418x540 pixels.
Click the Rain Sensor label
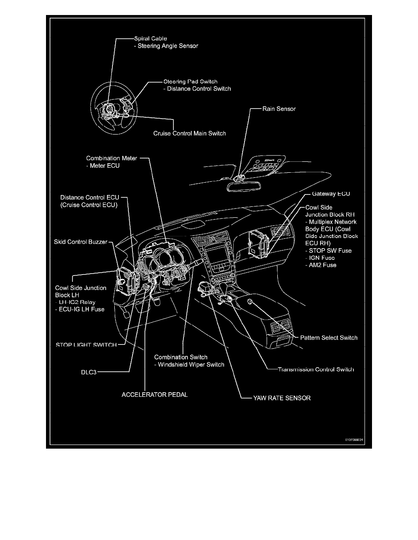(x=279, y=109)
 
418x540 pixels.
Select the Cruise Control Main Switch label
(x=189, y=134)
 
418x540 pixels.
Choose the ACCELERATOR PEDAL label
(x=154, y=395)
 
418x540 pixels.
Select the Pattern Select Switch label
(x=329, y=338)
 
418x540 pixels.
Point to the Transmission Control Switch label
(x=316, y=369)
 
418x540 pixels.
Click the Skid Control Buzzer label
(x=80, y=242)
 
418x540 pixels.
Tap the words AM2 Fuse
(x=321, y=265)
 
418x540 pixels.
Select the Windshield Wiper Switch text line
(x=189, y=365)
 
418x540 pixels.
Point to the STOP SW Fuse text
(x=328, y=250)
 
